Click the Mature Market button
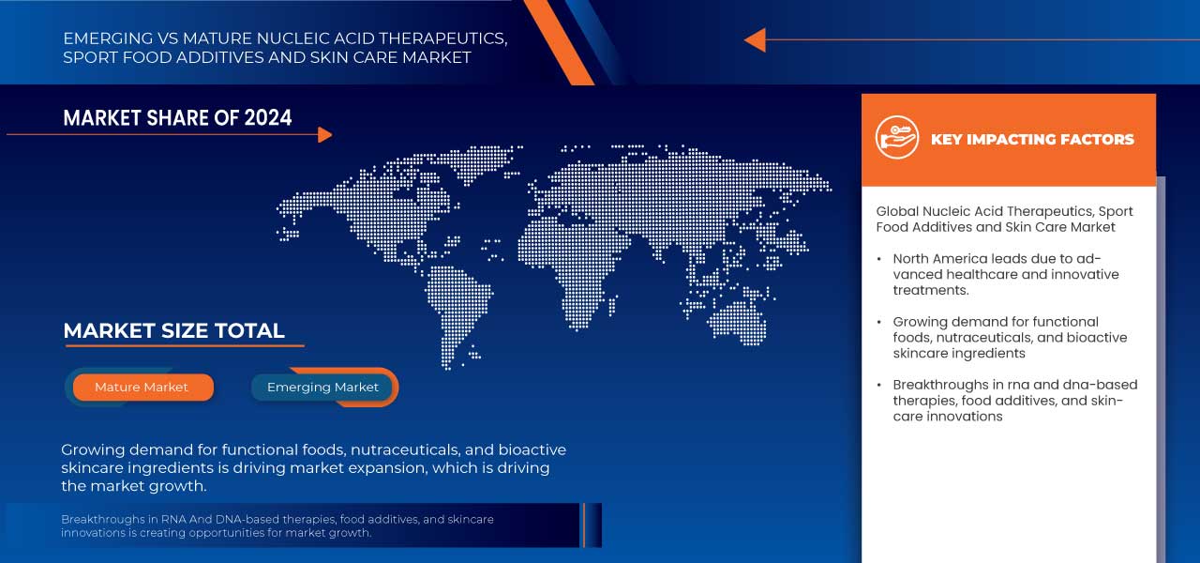pos(142,387)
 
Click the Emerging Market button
pos(322,387)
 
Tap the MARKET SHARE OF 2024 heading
pos(177,117)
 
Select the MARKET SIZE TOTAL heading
pos(173,330)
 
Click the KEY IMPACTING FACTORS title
pos(1032,140)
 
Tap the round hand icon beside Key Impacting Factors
pos(896,138)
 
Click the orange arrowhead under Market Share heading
pos(324,135)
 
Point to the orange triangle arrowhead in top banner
pos(755,39)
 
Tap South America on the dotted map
pos(460,300)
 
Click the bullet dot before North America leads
pos(879,258)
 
